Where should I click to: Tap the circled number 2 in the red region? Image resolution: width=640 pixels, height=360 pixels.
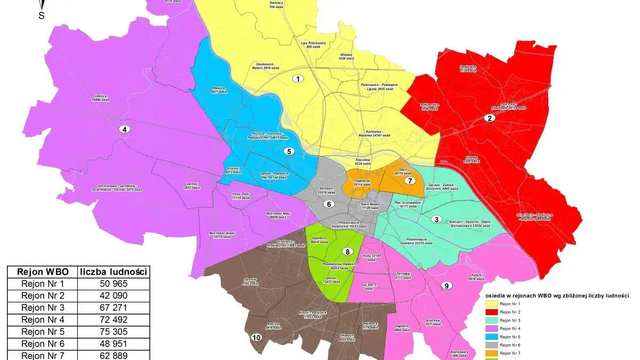click(x=488, y=118)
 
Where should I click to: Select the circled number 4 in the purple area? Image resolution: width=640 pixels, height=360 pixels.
click(x=124, y=129)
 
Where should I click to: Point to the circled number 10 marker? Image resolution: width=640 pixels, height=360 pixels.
click(x=257, y=338)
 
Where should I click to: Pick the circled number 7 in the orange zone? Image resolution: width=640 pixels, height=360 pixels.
click(x=410, y=180)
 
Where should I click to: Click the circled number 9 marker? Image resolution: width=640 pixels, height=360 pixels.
click(x=446, y=285)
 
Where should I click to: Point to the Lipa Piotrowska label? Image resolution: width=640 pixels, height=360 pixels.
click(x=313, y=44)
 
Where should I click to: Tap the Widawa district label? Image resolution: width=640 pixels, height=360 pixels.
click(x=346, y=56)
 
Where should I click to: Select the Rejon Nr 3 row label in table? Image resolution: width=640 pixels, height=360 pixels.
click(x=42, y=308)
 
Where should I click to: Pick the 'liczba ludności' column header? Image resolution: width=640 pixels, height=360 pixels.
click(x=114, y=271)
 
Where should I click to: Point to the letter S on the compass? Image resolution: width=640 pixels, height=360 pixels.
click(x=41, y=15)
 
